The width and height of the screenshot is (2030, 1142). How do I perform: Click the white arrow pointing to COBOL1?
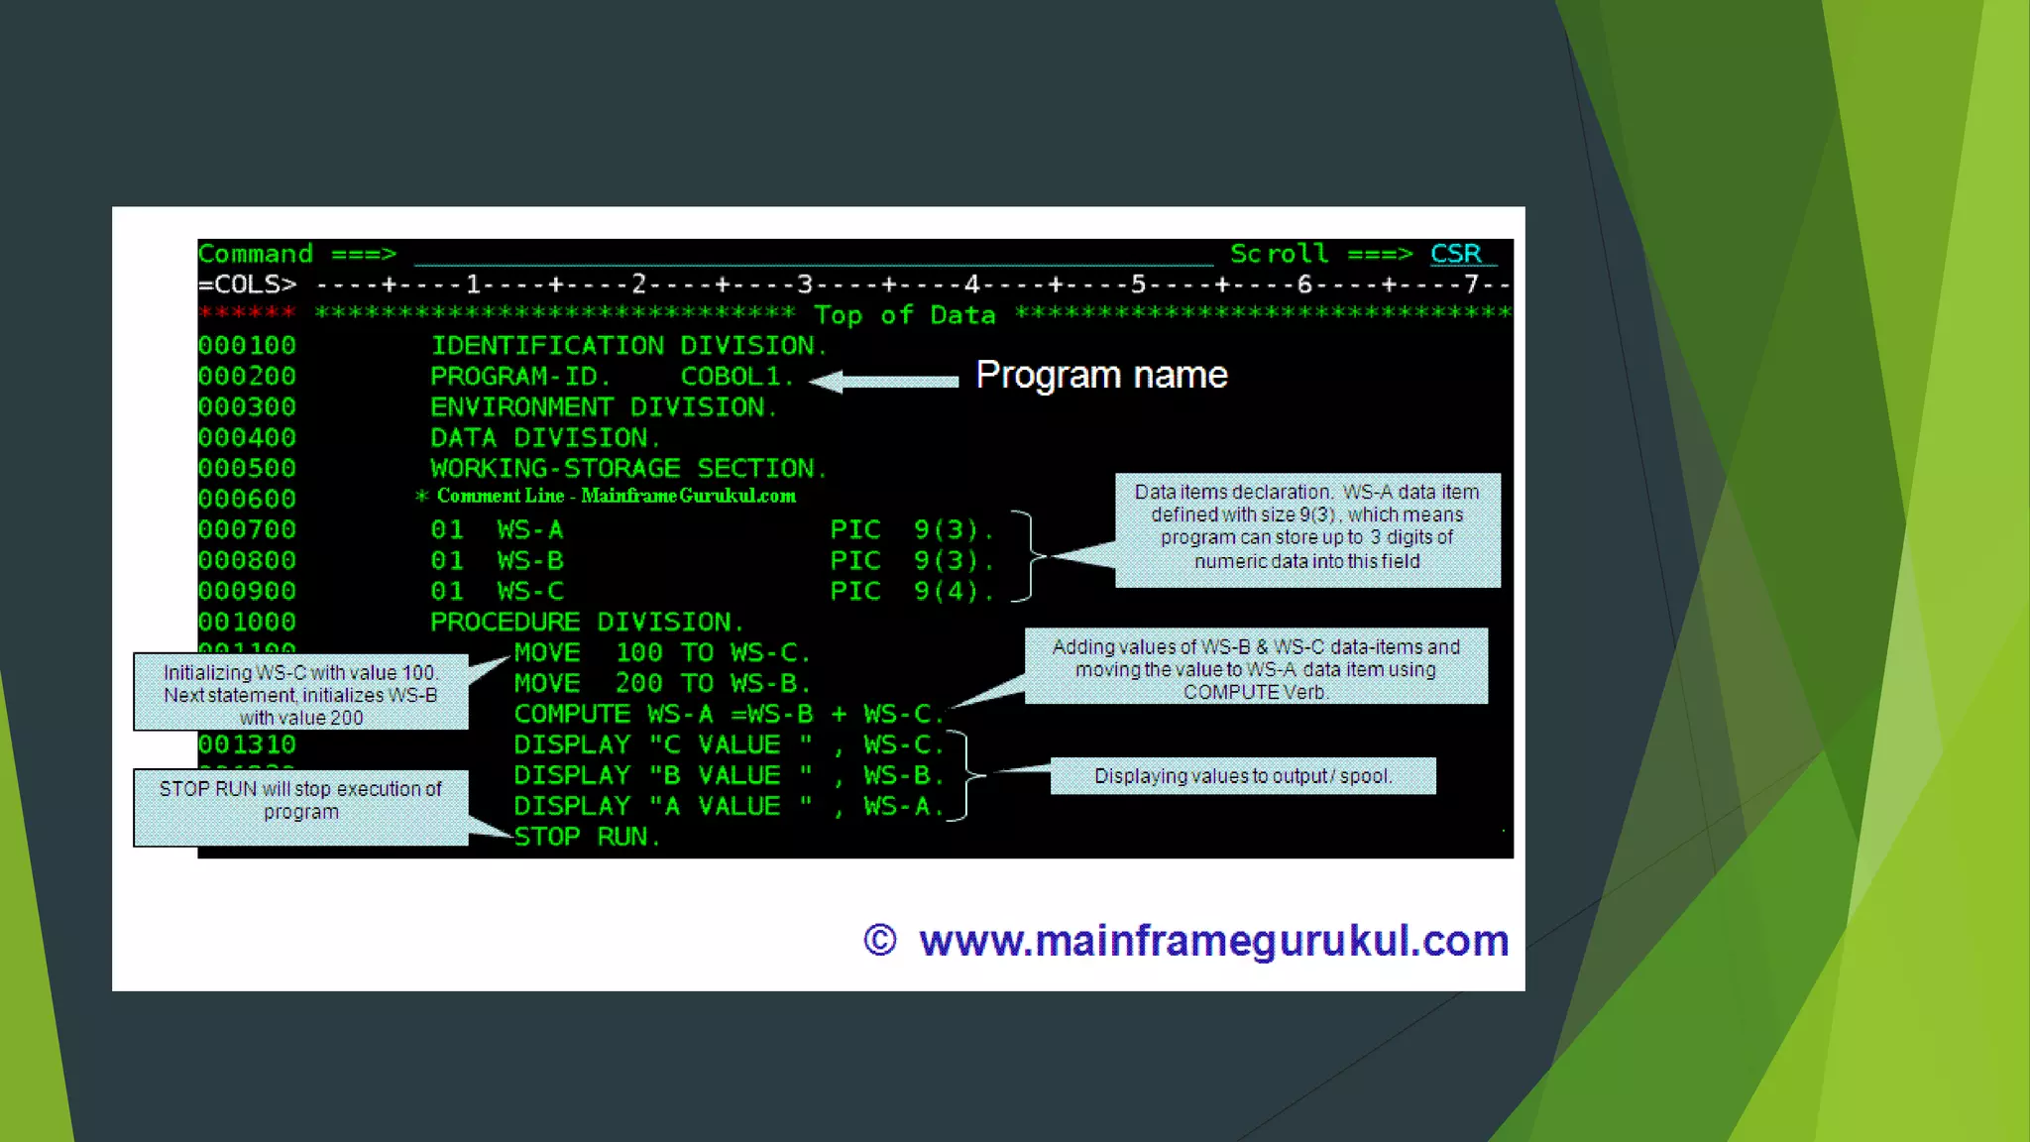point(884,381)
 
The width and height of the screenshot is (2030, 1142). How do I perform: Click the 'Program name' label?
point(1101,375)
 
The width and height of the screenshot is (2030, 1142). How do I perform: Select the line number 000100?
point(247,346)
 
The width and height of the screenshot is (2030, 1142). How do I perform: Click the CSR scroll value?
point(1455,254)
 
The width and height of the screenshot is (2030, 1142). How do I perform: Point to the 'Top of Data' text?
point(904,315)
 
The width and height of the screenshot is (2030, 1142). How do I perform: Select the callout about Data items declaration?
point(1306,528)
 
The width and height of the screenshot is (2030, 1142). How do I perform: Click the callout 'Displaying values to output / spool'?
point(1242,776)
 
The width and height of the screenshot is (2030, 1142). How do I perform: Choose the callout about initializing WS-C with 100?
point(300,693)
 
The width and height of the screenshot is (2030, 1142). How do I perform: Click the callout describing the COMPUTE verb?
point(1255,667)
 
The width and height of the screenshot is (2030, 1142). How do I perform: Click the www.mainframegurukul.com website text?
point(1213,941)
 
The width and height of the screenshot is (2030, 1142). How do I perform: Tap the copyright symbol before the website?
point(879,940)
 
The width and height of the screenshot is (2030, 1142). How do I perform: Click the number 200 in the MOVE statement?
point(638,684)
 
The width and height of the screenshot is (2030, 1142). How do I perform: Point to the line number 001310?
point(247,744)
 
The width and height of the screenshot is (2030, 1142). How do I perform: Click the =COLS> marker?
point(247,285)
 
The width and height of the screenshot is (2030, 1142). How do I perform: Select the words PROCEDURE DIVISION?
point(586,623)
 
